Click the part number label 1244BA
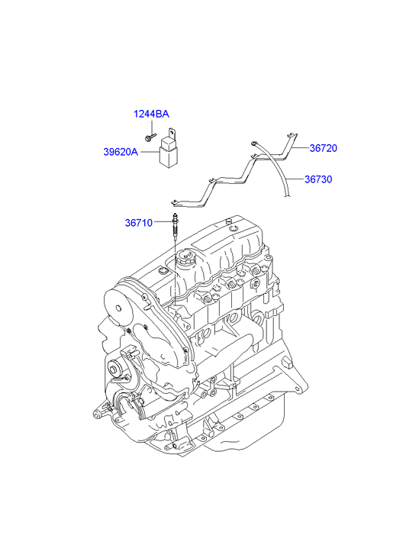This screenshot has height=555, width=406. click(151, 114)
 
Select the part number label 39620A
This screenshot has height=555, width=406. click(121, 152)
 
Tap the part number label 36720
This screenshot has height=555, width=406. click(323, 148)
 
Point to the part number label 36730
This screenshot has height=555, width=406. click(318, 179)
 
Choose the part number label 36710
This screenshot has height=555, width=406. click(138, 223)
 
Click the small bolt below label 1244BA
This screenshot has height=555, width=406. click(150, 137)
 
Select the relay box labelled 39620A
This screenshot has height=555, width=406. click(168, 151)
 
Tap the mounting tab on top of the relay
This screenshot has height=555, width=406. click(172, 134)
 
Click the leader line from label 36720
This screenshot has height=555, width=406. click(301, 148)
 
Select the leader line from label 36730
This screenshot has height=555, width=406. click(295, 179)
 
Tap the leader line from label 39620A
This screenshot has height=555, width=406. click(150, 152)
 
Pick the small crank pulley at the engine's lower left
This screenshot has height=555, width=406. click(114, 369)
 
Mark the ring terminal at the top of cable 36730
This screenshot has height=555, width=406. click(253, 143)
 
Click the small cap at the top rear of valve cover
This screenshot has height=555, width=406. click(229, 221)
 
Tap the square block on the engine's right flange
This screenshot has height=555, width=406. click(288, 362)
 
